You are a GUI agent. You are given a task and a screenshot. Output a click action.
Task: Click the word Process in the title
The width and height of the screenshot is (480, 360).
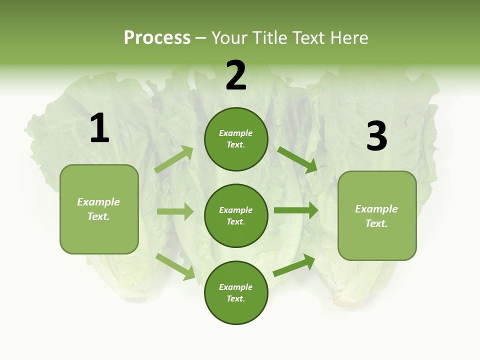157,38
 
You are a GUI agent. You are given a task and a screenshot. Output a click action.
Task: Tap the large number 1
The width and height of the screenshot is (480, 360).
99,128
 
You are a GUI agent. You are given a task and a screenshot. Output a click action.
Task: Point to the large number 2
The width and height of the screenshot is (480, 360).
236,75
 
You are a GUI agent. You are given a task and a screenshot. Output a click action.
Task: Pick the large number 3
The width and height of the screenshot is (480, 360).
376,136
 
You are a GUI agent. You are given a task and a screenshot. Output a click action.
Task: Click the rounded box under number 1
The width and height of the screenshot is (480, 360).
99,209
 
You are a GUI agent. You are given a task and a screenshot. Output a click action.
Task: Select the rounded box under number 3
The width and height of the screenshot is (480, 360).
377,215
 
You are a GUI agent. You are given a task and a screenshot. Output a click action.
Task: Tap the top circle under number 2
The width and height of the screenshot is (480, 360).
236,139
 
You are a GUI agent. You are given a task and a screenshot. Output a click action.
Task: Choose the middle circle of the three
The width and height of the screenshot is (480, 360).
236,215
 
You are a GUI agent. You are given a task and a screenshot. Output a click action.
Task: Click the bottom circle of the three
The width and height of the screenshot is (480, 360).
236,292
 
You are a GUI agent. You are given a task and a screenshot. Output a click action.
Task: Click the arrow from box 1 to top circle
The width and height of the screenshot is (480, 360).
174,159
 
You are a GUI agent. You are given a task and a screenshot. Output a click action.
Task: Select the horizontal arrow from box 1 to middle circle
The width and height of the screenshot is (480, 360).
175,211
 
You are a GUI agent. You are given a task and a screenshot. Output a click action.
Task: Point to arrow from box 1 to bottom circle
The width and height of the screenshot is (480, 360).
175,266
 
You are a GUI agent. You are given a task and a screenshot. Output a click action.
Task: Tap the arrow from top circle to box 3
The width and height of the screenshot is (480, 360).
297,159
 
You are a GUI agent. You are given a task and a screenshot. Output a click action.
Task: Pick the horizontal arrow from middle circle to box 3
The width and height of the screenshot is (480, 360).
296,210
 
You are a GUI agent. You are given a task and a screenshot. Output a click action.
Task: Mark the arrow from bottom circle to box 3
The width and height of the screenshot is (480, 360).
294,265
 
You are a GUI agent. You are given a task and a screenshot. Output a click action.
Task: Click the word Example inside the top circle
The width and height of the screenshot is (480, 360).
236,133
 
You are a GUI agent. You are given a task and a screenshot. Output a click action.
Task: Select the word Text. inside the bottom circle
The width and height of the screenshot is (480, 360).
236,298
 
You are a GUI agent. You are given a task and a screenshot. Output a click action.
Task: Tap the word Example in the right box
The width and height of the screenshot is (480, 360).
376,209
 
